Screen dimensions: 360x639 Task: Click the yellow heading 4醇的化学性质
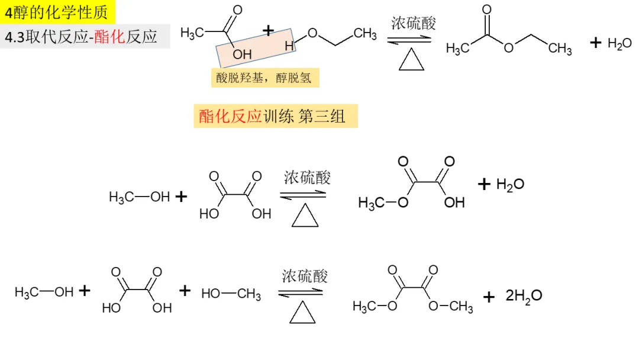[x=57, y=11]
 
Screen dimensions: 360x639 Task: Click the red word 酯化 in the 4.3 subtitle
[x=110, y=37]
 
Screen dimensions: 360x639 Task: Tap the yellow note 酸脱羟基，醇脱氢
[x=264, y=78]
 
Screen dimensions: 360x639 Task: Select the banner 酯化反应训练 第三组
[x=275, y=116]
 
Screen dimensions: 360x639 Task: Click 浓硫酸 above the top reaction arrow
[x=413, y=24]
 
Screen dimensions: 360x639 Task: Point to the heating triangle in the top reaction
[x=411, y=59]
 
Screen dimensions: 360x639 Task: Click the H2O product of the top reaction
[x=619, y=43]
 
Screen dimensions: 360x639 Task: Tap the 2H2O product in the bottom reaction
[x=524, y=295]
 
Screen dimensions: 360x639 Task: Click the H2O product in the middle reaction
[x=510, y=184]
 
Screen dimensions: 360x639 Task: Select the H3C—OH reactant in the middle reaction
[x=139, y=197]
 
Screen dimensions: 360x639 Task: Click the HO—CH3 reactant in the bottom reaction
[x=231, y=294]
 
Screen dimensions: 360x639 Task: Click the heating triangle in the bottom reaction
[x=302, y=312]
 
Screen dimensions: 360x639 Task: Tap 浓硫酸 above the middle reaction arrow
[x=307, y=177]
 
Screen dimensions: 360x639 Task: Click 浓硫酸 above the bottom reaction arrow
[x=305, y=275]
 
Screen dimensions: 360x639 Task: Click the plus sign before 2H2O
[x=489, y=297]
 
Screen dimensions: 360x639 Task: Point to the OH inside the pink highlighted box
[x=242, y=54]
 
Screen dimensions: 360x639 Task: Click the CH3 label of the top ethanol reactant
[x=365, y=34]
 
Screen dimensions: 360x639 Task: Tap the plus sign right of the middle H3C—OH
[x=181, y=197]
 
